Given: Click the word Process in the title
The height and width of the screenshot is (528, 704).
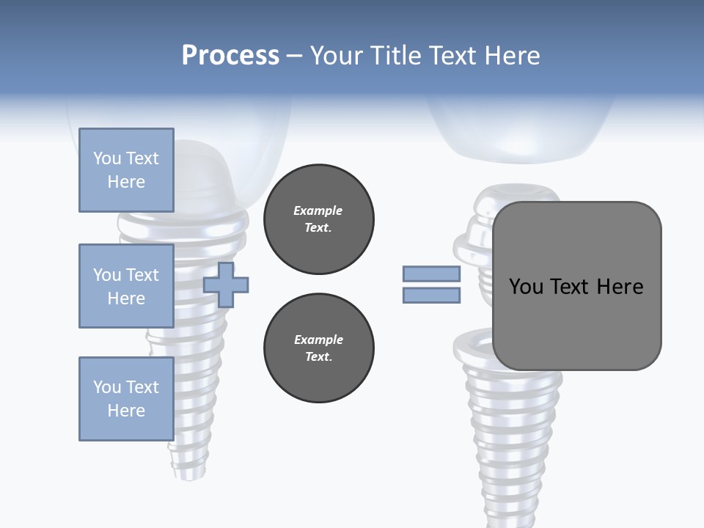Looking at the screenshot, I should (230, 56).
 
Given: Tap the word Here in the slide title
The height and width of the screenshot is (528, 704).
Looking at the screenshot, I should (510, 56).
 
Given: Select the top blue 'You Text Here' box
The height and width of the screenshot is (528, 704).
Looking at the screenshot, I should (126, 170).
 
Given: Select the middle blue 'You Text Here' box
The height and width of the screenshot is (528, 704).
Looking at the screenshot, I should (126, 286).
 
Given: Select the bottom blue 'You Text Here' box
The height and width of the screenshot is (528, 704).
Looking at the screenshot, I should (126, 398).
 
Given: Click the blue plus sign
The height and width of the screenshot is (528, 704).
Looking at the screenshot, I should (226, 285).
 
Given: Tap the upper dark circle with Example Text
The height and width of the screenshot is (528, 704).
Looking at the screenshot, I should (319, 219).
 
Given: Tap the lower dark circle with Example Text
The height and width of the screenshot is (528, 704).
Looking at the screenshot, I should (319, 348).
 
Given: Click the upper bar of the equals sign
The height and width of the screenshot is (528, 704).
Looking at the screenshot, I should (431, 274).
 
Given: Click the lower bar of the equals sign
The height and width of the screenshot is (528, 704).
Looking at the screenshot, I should (431, 296).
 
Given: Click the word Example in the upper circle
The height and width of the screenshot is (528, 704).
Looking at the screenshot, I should (318, 211).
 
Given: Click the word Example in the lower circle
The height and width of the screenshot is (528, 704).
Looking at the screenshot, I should (318, 340).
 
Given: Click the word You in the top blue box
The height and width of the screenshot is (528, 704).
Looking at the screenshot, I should (106, 158).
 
